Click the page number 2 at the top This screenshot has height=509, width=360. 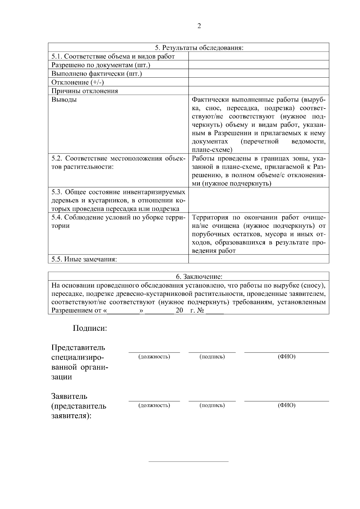(199, 26)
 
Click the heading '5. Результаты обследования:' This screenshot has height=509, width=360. (199, 48)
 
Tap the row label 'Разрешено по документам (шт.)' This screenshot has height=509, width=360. (101, 65)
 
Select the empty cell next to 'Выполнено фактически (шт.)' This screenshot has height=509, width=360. (258, 74)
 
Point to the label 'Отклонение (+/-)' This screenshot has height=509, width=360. (78, 82)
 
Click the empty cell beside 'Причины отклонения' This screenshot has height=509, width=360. (258, 91)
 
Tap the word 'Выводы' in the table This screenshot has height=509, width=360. (64, 100)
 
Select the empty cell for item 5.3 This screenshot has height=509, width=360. (258, 200)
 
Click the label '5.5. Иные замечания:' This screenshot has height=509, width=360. (84, 259)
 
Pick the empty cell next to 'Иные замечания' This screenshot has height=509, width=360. (258, 259)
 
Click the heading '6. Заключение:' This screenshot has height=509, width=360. (199, 276)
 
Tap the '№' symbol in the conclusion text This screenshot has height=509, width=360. (201, 310)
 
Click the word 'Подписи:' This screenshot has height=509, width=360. (90, 328)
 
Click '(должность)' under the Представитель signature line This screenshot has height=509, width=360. (154, 357)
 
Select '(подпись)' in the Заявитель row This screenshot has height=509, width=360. (212, 406)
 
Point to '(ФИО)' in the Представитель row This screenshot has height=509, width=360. (286, 357)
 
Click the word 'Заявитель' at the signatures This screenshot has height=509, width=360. (69, 396)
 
